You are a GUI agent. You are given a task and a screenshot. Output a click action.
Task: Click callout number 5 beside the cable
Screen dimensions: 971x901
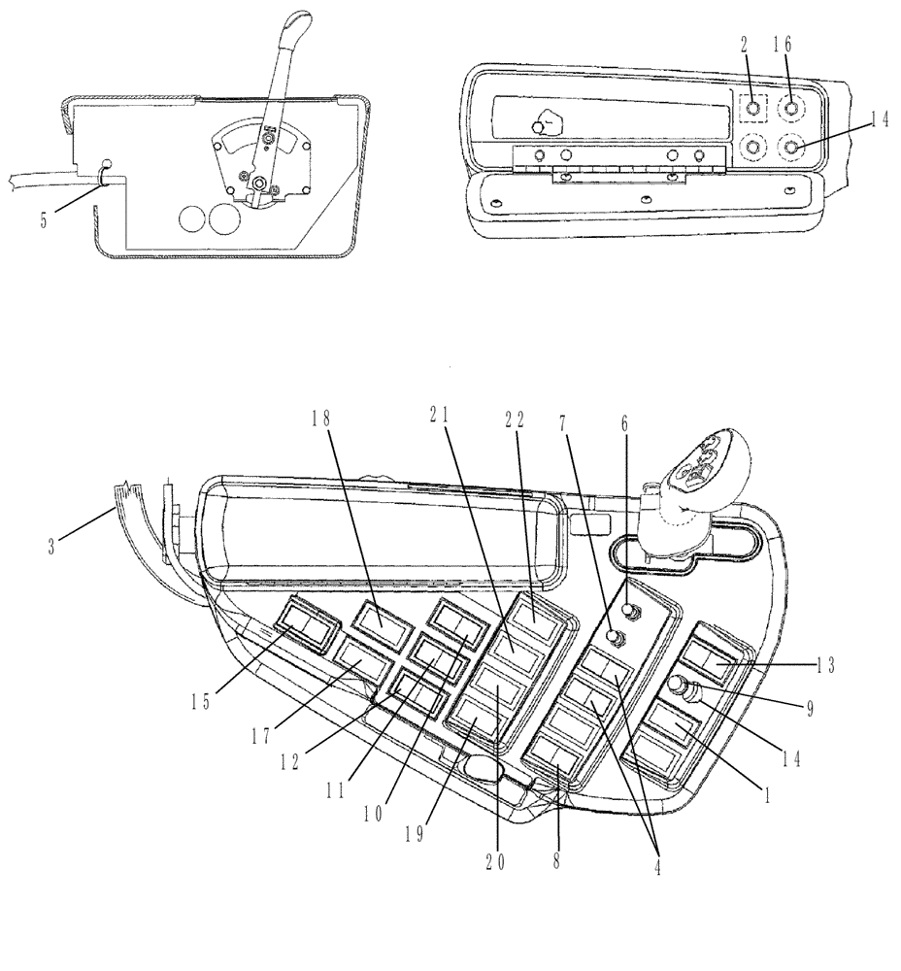(43, 220)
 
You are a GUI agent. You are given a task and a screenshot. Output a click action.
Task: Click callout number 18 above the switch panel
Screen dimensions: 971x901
(321, 419)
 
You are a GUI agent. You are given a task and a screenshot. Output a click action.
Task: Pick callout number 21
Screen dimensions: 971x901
(439, 415)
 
